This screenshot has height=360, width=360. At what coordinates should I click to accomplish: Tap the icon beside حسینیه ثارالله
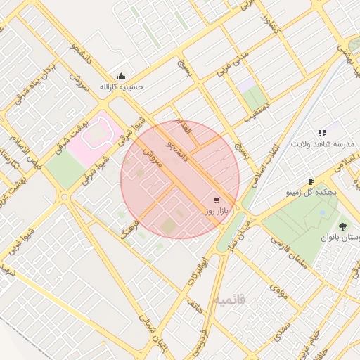[x=121, y=77]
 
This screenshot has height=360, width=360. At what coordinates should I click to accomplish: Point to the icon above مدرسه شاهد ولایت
[x=322, y=132]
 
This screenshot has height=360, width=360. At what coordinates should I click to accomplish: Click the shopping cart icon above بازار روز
[x=214, y=200]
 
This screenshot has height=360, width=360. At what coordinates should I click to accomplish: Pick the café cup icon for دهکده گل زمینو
[x=311, y=181]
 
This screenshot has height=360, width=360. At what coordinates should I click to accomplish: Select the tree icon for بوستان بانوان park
[x=342, y=226]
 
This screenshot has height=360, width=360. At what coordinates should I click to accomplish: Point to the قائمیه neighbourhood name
[x=231, y=300]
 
